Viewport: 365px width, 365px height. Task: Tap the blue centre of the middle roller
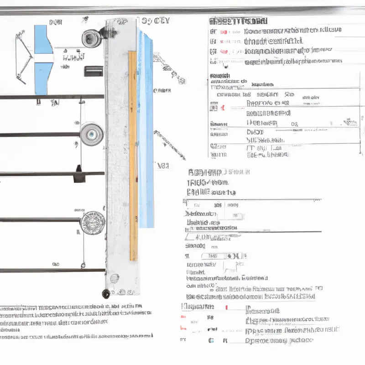91,133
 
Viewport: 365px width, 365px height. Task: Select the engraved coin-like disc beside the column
92,223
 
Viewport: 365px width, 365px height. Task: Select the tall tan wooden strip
133,155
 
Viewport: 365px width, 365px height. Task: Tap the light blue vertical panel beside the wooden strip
146,128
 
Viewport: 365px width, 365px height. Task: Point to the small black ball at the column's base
106,292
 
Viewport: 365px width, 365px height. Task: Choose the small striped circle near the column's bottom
114,277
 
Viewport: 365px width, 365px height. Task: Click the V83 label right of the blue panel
163,166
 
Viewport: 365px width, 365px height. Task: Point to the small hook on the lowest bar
83,263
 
